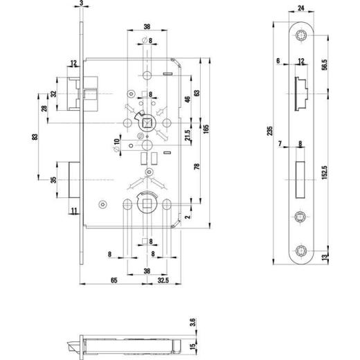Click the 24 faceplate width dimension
301,9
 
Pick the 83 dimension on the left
35,141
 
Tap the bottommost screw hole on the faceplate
302,248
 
